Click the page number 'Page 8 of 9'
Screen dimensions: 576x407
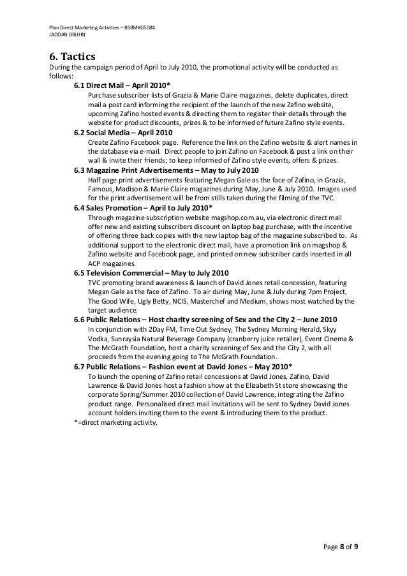pos(341,546)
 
